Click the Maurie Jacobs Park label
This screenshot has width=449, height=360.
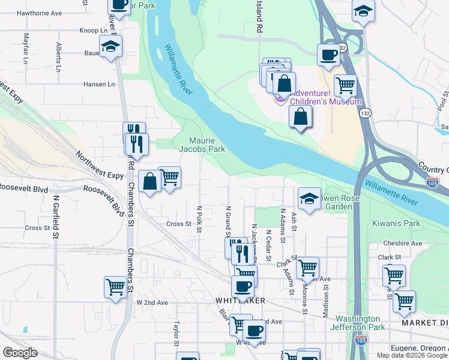click(202, 144)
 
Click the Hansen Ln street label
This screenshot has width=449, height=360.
click(99, 85)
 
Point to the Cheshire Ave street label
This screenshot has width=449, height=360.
click(403, 244)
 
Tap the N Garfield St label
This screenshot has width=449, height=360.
click(55, 217)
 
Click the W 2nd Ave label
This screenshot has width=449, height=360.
click(152, 303)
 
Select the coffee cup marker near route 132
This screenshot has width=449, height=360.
click(328, 54)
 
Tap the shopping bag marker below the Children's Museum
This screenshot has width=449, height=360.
click(300, 115)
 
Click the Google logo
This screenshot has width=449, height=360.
click(20, 353)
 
